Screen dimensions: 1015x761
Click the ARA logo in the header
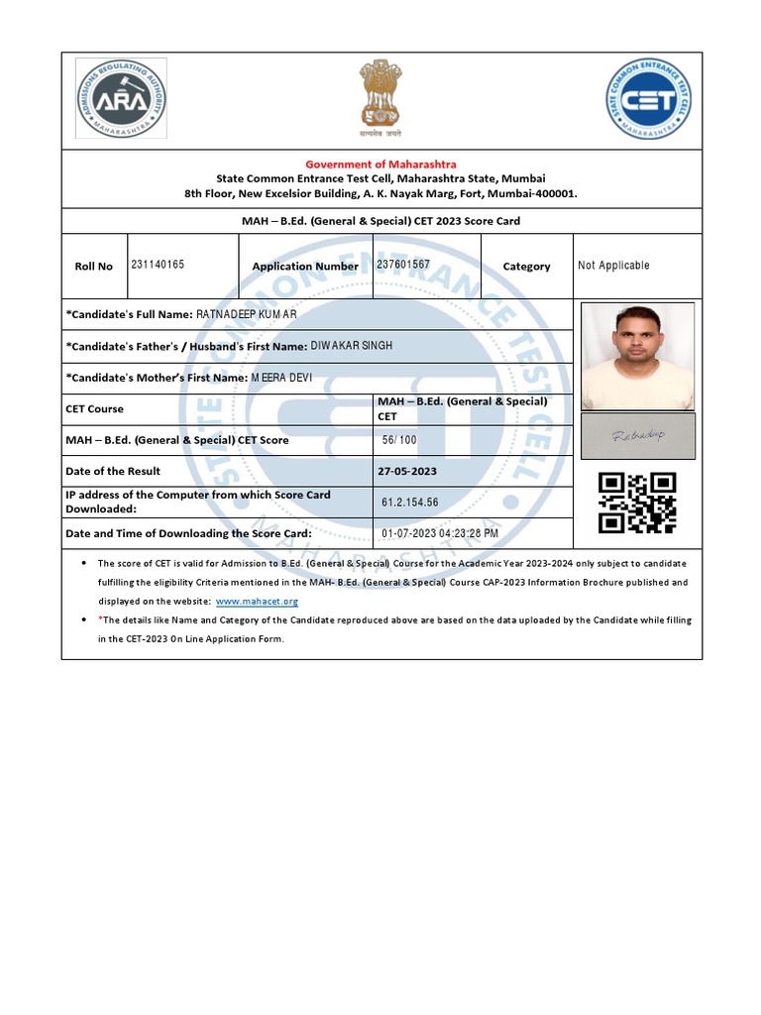pyautogui.click(x=121, y=97)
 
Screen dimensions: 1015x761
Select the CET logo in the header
pyautogui.click(x=648, y=98)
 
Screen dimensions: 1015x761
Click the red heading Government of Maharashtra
pyautogui.click(x=380, y=164)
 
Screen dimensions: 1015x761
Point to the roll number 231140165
pyautogui.click(x=158, y=265)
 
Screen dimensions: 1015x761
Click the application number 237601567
pyautogui.click(x=403, y=265)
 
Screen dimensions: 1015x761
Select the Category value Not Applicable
pyautogui.click(x=613, y=266)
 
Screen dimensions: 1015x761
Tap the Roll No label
pyautogui.click(x=94, y=267)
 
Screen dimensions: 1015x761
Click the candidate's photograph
pyautogui.click(x=637, y=357)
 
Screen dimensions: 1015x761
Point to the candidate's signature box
pyautogui.click(x=638, y=436)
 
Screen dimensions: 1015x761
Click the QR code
pyautogui.click(x=637, y=503)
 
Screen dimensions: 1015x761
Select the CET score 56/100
pyautogui.click(x=399, y=440)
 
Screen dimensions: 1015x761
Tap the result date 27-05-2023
pyautogui.click(x=408, y=471)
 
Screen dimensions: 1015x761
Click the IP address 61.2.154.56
pyautogui.click(x=409, y=503)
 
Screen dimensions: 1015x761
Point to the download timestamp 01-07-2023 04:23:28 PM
pyautogui.click(x=440, y=533)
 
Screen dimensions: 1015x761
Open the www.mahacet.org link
pyautogui.click(x=257, y=602)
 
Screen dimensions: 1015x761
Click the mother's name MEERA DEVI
pyautogui.click(x=281, y=377)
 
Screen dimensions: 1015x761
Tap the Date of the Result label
pyautogui.click(x=113, y=471)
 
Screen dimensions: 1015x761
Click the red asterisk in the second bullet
pyautogui.click(x=100, y=620)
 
